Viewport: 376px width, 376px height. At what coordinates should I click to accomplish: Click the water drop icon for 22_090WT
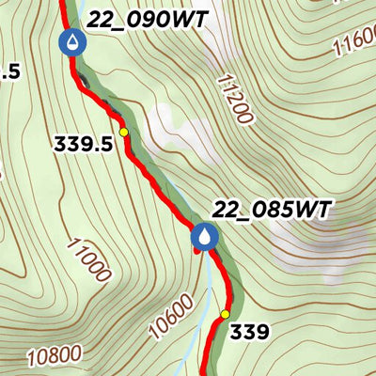[x=71, y=42]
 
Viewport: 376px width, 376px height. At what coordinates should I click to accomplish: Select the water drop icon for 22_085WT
[x=204, y=238]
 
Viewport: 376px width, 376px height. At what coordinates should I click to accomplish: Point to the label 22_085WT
[x=273, y=210]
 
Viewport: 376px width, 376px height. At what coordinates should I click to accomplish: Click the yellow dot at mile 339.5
[x=123, y=133]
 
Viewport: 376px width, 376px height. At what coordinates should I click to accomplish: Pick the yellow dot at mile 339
[x=226, y=314]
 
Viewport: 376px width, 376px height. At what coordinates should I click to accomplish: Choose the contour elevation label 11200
[x=235, y=100]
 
